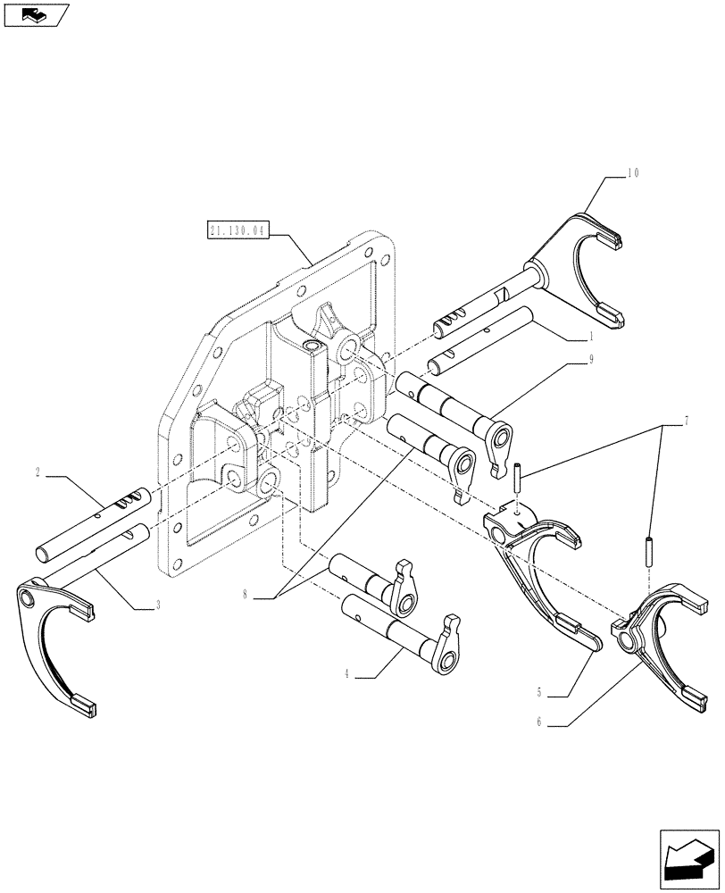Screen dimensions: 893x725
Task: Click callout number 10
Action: pyautogui.click(x=633, y=173)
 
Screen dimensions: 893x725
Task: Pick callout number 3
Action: pyautogui.click(x=158, y=605)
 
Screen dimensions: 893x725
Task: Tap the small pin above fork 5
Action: pyautogui.click(x=517, y=476)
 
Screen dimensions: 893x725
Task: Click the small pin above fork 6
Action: pyautogui.click(x=646, y=547)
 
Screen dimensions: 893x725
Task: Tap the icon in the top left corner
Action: pyautogui.click(x=36, y=14)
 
